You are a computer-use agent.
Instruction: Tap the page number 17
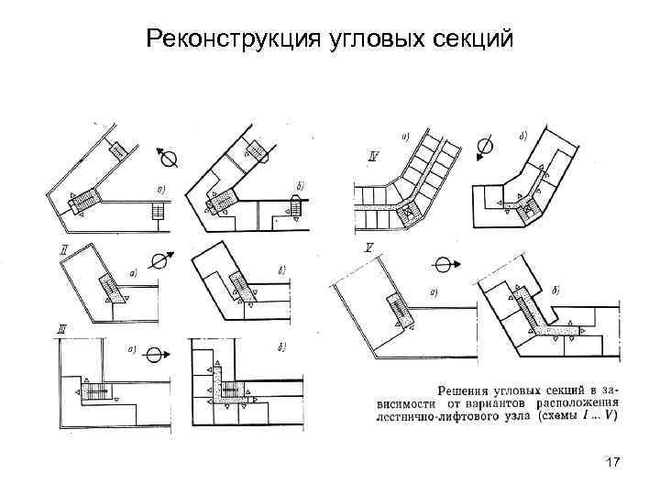tap(613, 464)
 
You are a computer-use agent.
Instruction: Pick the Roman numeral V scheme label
tap(368, 247)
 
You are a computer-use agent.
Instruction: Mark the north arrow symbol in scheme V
tap(442, 265)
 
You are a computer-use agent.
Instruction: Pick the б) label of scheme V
tap(557, 290)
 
